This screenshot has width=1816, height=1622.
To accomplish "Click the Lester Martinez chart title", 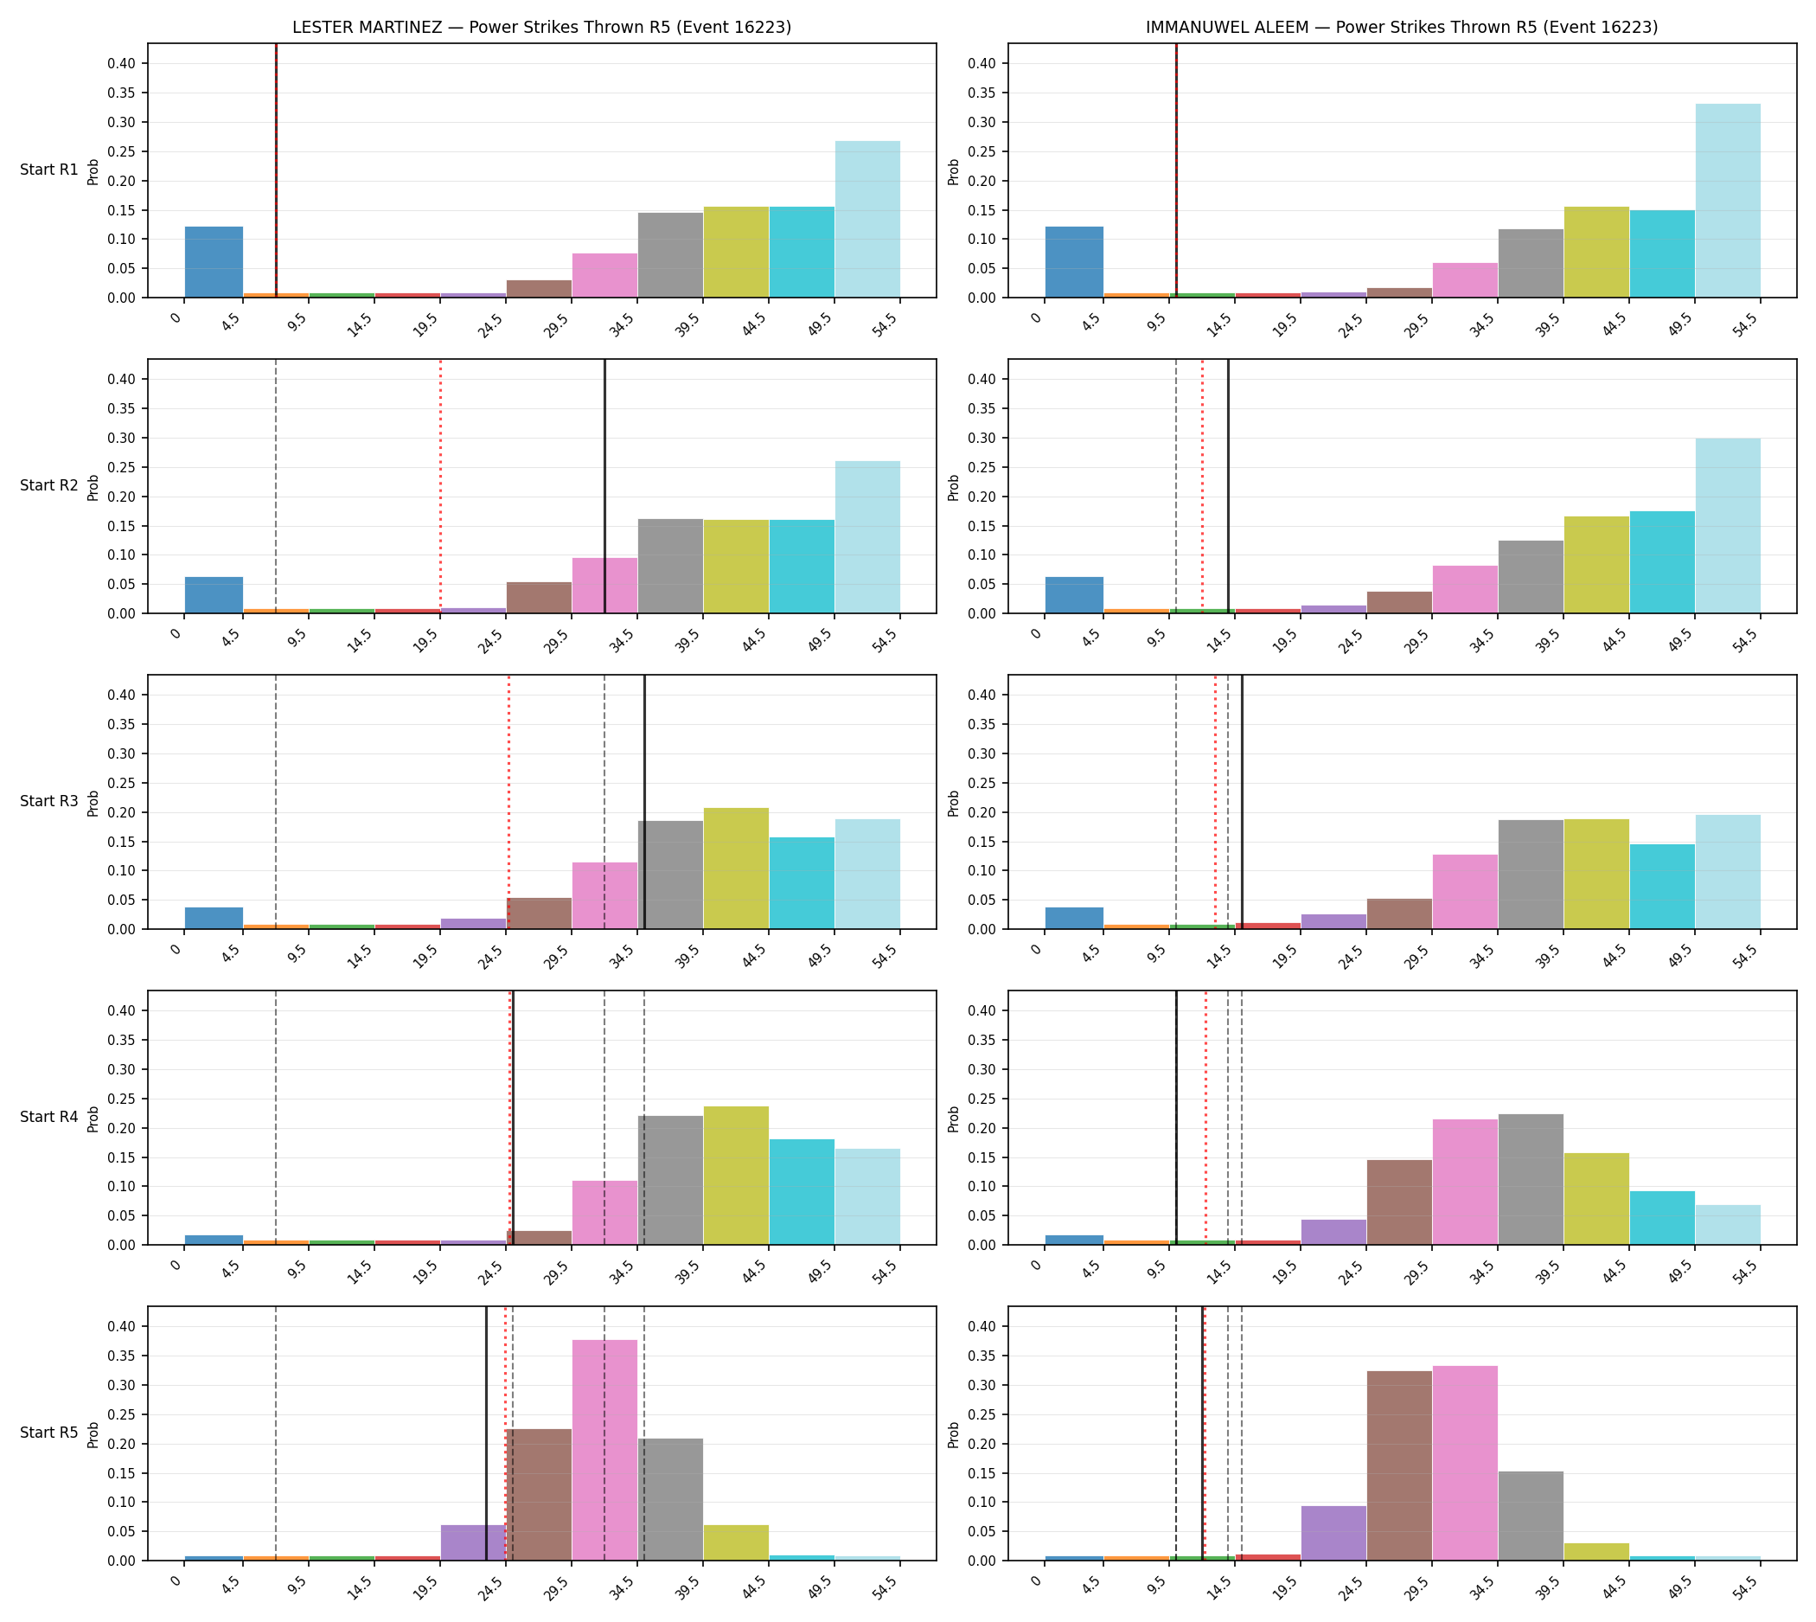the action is point(541,27).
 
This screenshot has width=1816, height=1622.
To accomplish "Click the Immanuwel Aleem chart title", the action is point(1402,27).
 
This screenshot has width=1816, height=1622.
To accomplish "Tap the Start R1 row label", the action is point(49,170).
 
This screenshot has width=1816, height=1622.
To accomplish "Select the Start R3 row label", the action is point(49,801).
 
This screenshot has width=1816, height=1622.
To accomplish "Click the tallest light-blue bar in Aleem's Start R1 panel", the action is point(1728,201).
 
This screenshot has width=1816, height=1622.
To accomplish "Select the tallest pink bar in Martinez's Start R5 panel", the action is point(605,1450).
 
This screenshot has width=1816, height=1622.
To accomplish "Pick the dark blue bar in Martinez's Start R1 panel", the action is point(214,262).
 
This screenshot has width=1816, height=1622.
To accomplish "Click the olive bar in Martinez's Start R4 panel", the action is point(736,1176).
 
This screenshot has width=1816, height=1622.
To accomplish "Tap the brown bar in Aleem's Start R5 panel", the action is point(1400,1466).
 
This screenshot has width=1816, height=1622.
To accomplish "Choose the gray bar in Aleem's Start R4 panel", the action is point(1531,1179).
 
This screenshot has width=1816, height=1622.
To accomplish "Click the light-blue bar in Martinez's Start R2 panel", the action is point(868,537).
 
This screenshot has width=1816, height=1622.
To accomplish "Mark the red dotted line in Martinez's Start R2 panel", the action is point(440,486).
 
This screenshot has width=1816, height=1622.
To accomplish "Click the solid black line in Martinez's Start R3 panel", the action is point(645,802).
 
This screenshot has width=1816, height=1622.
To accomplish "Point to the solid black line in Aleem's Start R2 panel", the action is point(1228,486).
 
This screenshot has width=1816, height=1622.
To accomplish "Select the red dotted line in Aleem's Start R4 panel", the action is point(1205,1118).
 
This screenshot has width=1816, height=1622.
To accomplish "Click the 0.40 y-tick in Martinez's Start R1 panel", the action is point(122,63).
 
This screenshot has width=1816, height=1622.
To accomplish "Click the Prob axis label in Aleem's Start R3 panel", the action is point(954,803).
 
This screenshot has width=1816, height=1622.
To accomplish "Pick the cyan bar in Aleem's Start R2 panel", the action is point(1663,562).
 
